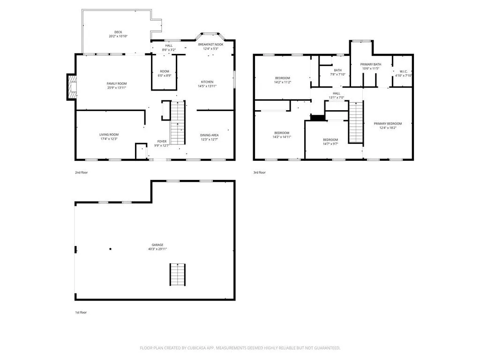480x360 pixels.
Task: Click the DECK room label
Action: [118, 32]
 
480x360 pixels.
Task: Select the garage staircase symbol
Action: [178, 275]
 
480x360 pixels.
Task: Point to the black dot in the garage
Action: [110, 249]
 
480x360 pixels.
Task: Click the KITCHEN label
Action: [207, 82]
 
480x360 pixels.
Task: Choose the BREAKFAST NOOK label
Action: [210, 45]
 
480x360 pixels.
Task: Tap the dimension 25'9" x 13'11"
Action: [117, 88]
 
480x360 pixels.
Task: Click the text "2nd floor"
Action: [82, 172]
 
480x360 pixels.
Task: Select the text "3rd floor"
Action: [259, 172]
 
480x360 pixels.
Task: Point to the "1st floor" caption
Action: [81, 313]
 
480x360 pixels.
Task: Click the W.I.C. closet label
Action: [404, 72]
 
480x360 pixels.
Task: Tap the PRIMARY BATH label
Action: [371, 65]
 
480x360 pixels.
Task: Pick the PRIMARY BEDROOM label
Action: [388, 124]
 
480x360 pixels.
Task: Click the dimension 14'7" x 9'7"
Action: [330, 144]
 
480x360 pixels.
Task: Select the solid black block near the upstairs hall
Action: [318, 118]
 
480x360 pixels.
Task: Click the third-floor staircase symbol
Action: [356, 122]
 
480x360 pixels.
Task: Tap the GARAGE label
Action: [157, 245]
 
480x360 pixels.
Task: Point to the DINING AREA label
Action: [210, 135]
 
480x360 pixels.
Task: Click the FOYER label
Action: [162, 142]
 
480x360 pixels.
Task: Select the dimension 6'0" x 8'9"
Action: [165, 75]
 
